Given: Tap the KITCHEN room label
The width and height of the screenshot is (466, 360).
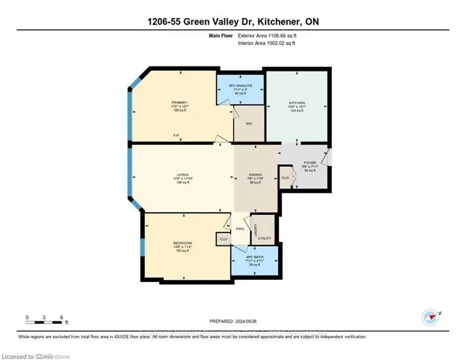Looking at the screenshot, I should coord(295,103).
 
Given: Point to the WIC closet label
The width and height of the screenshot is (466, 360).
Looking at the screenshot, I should coord(248,124).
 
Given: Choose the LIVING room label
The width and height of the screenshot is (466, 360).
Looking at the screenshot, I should coord(183,174).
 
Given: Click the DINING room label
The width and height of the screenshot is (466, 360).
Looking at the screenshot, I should coord(254,174).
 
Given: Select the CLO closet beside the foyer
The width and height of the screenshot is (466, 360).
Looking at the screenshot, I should coord(285,176).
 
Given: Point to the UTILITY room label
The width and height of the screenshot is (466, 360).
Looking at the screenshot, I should coord(264,238).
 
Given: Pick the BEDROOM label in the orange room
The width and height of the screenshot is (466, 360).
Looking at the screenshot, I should coord(183,243).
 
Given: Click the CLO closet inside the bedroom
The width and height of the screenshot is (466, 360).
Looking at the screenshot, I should coord(224,238).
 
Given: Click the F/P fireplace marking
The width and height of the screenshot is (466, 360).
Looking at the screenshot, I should coord(175,136).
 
